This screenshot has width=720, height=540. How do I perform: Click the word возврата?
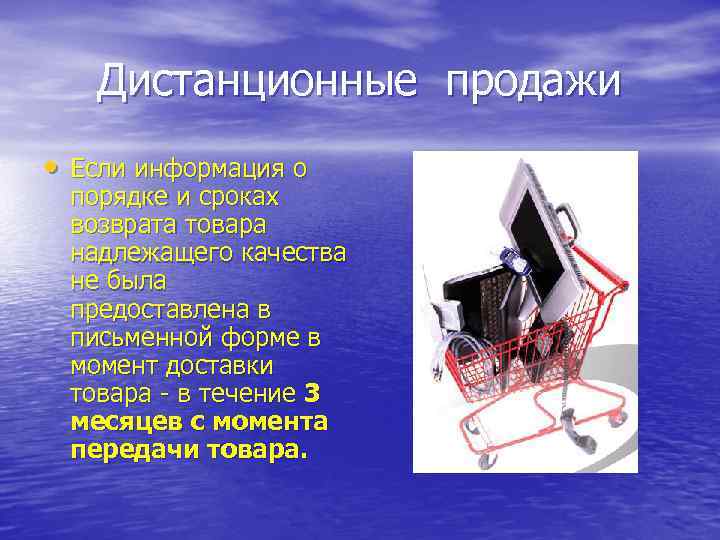[x=121, y=225]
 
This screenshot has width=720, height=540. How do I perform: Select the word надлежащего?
[x=150, y=253]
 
